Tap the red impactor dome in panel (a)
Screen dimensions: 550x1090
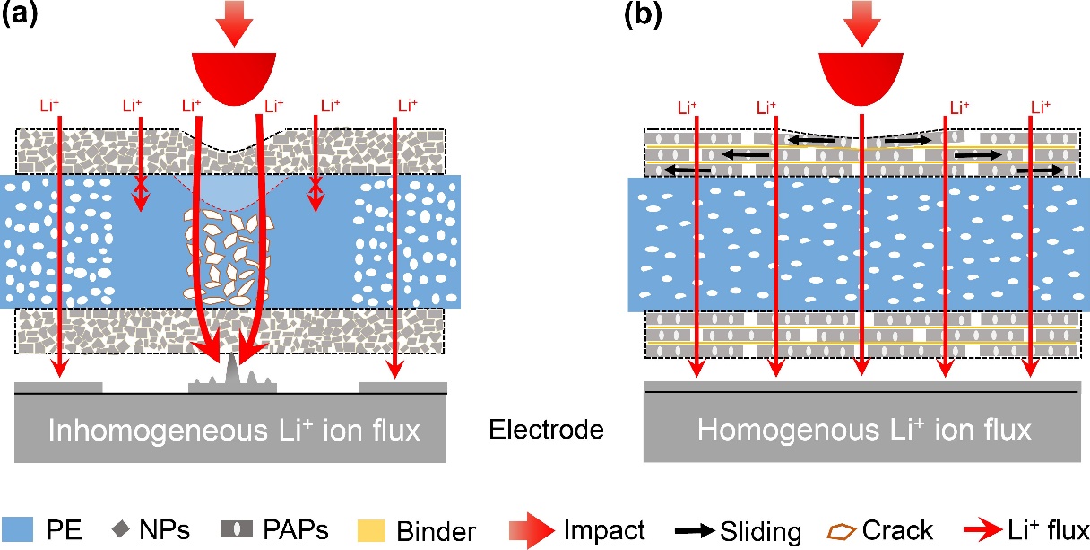coord(232,74)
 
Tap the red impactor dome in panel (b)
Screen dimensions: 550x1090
coord(861,74)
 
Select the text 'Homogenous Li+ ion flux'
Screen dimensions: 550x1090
coord(864,431)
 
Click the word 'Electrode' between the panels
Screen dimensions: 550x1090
coord(546,431)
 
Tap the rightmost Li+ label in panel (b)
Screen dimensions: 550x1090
coord(1041,106)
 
